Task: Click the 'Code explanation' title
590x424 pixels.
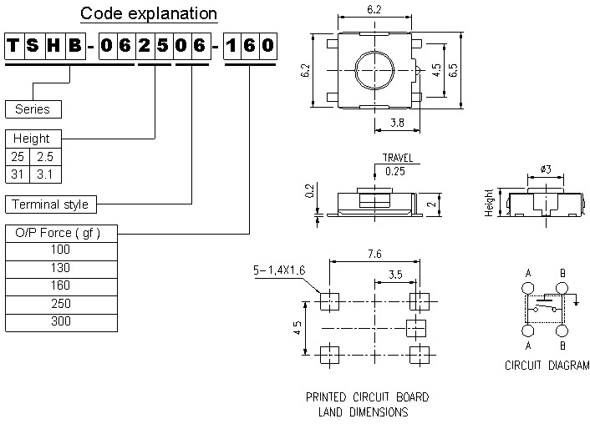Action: click(149, 13)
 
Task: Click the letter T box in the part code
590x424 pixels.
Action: click(14, 45)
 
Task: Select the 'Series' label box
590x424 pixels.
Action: click(33, 109)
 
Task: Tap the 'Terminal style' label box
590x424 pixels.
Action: click(49, 204)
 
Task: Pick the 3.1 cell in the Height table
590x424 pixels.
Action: click(44, 174)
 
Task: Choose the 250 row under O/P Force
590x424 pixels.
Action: click(61, 305)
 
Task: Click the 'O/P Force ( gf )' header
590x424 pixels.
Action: click(58, 233)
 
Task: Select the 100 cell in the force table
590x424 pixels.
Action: click(61, 250)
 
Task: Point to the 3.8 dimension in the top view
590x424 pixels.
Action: click(399, 123)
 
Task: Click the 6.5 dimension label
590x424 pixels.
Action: click(455, 71)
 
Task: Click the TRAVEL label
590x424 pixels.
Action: click(397, 158)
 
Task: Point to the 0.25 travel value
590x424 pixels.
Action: click(394, 171)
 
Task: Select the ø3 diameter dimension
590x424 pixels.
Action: click(545, 169)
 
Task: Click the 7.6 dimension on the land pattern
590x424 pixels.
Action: click(374, 254)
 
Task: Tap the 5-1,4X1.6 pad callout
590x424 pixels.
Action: click(281, 270)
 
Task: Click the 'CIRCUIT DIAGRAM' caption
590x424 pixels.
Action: click(547, 366)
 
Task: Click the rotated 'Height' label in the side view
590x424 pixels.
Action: click(490, 202)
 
